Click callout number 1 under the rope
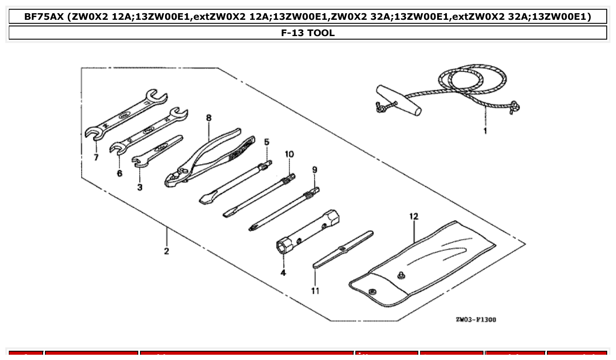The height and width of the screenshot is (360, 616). coord(485,131)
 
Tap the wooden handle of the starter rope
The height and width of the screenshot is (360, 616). coord(398,100)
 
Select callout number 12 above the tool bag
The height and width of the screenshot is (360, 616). coord(413,217)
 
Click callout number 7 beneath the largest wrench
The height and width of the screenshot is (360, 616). coord(96,158)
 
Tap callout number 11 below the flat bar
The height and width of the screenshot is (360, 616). coord(315,291)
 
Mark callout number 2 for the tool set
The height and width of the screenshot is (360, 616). coord(166,251)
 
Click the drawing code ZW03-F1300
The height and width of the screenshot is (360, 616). coord(476,320)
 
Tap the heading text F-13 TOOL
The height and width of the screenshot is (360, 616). coord(308,33)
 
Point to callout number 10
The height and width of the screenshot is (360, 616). coord(289,154)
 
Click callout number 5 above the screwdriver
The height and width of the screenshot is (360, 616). coord(266,142)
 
